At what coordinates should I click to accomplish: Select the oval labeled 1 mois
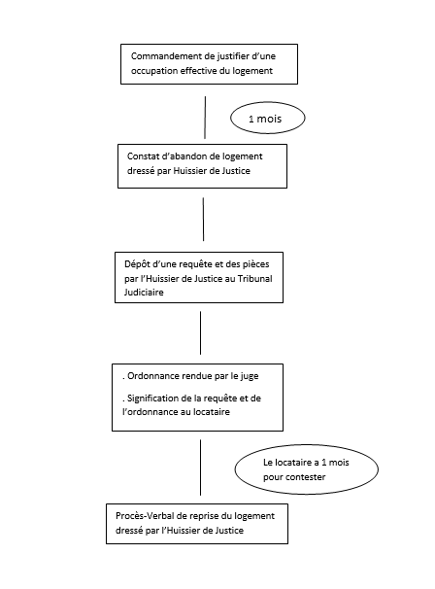click(268, 118)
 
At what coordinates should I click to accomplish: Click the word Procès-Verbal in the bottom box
click(143, 516)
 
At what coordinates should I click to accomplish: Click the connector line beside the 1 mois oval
click(205, 118)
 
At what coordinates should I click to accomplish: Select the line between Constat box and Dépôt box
click(204, 220)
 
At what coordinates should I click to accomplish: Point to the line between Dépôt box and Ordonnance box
click(200, 332)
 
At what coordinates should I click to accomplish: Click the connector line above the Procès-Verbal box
click(200, 468)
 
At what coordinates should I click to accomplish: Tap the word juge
click(250, 376)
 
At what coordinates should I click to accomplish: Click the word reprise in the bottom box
click(204, 516)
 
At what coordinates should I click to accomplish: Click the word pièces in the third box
click(256, 264)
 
